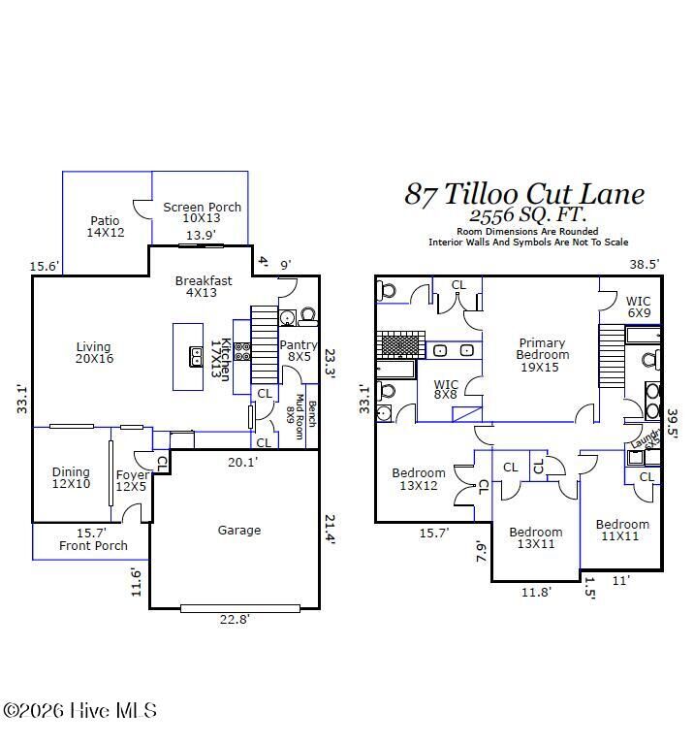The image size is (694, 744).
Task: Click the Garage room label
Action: click(238, 531)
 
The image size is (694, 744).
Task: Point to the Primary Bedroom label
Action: click(542, 354)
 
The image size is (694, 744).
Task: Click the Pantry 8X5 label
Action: click(298, 351)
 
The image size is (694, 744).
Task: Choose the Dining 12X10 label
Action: click(71, 478)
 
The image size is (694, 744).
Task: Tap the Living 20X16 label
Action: click(94, 353)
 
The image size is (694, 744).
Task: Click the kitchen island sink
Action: click(195, 359)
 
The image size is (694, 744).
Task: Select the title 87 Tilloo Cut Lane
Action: click(524, 194)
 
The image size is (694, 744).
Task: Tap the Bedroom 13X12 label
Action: click(419, 479)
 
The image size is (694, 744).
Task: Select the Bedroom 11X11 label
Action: click(622, 531)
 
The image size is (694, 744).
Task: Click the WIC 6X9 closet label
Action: click(638, 307)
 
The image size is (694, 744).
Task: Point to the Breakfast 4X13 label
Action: click(204, 287)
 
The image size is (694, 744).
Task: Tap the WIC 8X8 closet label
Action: click(446, 390)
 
